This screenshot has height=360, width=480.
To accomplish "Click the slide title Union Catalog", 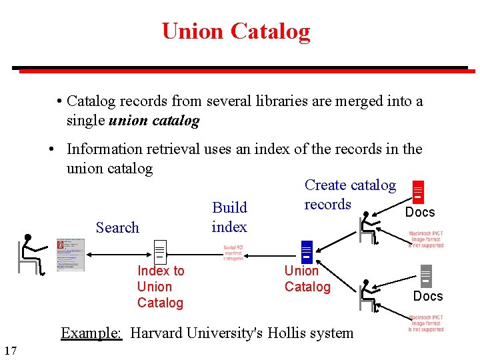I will coord(235,31).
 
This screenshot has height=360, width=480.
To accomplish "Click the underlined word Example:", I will coord(91,333).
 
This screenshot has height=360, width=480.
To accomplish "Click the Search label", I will coord(117,227).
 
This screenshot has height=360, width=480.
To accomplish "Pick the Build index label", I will coord(229,217).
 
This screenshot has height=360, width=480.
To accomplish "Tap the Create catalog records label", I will coord(349,195).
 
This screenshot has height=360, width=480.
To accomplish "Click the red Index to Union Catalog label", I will coord(160,287).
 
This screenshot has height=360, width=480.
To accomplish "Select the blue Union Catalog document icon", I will coord(306,251).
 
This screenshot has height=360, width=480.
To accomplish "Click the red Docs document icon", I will coord(418,192).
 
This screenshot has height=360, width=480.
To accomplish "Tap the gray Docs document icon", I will coord(426,276).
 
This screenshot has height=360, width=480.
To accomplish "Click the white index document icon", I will coord(159,252).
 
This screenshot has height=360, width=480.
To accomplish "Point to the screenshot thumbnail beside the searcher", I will coord(71,255).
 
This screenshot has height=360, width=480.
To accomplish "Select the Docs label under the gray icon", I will coord(428,296).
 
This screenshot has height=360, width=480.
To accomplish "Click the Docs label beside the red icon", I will coord(420,212).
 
